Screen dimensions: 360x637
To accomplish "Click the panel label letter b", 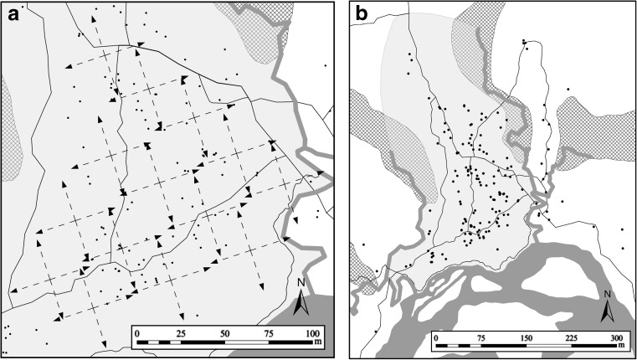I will [362, 13].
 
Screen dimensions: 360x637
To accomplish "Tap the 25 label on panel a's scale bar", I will [178, 332].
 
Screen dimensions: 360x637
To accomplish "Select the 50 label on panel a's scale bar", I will [223, 332].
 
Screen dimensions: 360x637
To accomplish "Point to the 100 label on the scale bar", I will [313, 332].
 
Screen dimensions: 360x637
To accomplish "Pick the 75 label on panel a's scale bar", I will [269, 332].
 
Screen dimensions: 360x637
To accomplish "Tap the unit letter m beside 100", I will [318, 342].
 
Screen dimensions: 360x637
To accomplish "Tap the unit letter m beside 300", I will [623, 347].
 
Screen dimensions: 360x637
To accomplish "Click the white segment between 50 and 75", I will [246, 342].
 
